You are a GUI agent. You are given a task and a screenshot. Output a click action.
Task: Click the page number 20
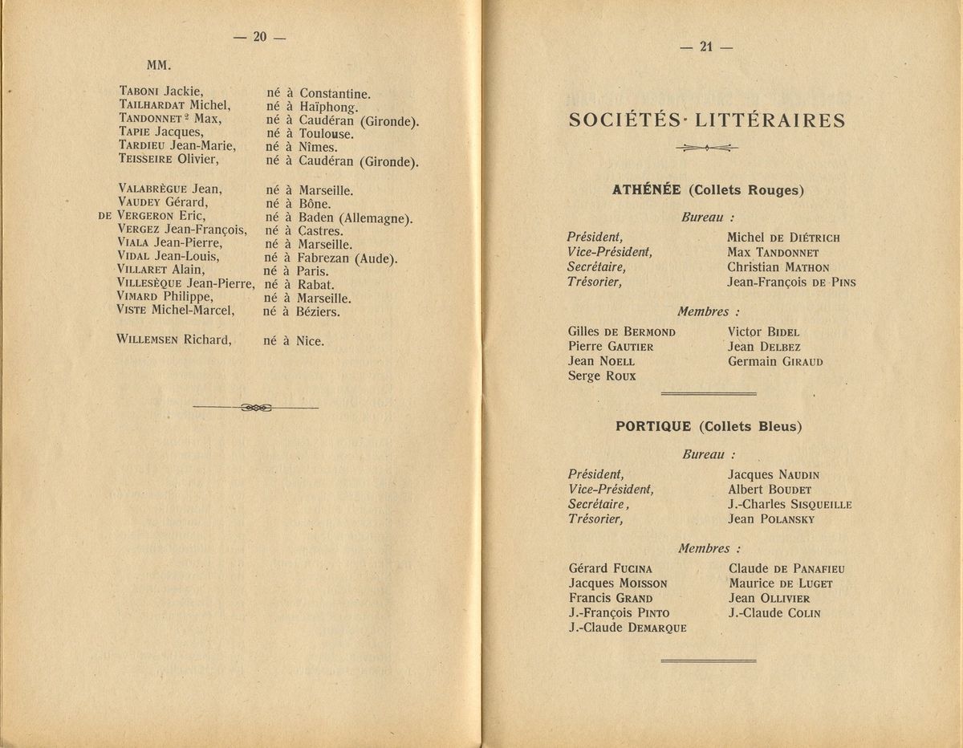coord(258,36)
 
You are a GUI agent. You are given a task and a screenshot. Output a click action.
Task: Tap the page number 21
coord(706,47)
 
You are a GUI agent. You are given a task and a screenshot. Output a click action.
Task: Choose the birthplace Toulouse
coord(326,133)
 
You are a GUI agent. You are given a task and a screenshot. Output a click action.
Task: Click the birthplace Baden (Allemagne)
coord(356,218)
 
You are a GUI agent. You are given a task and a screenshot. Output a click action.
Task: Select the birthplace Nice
coord(311,340)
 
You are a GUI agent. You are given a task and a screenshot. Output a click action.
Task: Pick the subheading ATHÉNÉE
coord(646,190)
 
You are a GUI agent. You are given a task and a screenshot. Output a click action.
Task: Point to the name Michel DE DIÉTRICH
coord(783,238)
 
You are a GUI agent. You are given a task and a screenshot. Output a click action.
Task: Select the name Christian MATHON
coord(778,267)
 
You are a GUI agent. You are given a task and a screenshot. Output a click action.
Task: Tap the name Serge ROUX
coord(601,376)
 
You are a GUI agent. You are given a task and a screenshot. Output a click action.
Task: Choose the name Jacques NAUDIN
coord(774,474)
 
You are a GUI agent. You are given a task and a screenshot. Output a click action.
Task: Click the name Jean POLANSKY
coord(771,519)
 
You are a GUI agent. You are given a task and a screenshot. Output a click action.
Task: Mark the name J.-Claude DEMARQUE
coord(627,628)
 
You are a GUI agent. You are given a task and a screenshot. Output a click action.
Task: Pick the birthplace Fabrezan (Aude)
coord(348,258)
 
